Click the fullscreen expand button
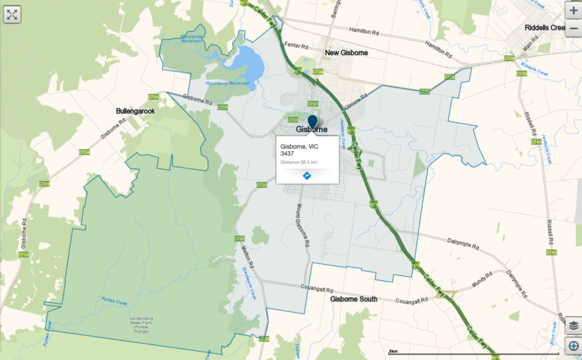pos(12,13)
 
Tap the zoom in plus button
pos(573,12)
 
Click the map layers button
pos(573,325)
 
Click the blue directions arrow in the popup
pos(307,175)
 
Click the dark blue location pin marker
pos(313,121)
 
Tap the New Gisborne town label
pos(346,53)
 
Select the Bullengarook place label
pos(135,112)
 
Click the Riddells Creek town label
pos(545,28)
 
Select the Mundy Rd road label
pos(481,279)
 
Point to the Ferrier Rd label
pos(297,44)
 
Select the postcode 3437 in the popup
pos(287,153)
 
